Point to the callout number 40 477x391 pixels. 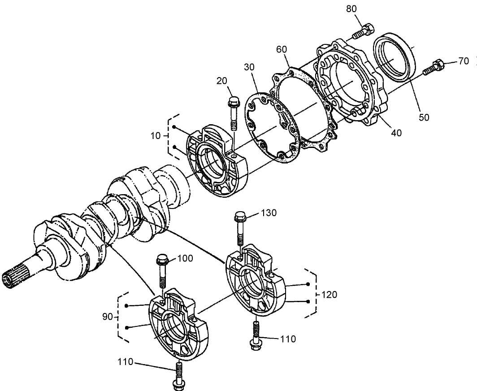click(396, 133)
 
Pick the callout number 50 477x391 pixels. click(424, 117)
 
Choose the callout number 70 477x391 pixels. click(464, 61)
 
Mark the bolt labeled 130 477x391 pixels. click(240, 231)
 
